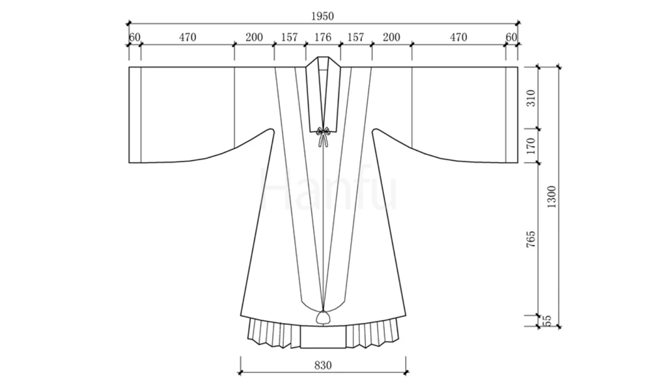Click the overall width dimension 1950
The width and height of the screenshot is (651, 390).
coord(322,16)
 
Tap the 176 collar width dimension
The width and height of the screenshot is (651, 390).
coord(323,37)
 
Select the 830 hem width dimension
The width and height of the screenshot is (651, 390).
coord(323,365)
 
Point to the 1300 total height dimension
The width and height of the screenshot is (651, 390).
coord(551,197)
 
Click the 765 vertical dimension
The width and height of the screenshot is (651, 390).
coord(531,240)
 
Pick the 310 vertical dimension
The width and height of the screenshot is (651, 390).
coord(531,98)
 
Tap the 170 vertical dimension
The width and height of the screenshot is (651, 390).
coord(531,146)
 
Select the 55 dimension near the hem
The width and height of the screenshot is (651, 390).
coord(547,320)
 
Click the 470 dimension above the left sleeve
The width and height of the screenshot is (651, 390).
coord(187,37)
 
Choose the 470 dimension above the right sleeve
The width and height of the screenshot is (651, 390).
coord(458,37)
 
